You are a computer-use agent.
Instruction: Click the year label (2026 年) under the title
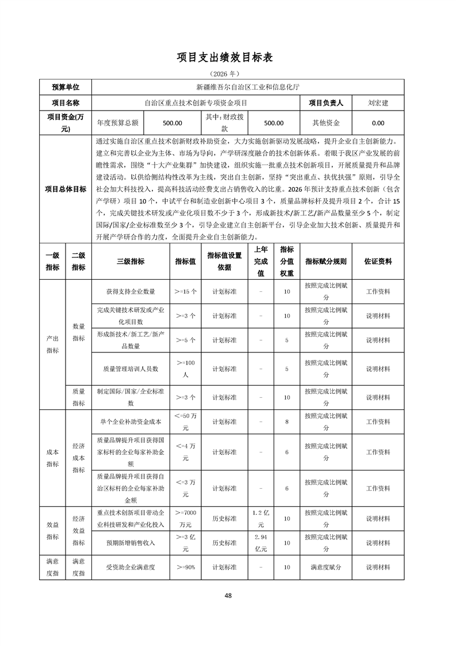click(x=228, y=74)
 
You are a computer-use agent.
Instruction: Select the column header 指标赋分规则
click(x=326, y=261)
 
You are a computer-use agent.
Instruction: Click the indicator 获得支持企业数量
click(x=131, y=292)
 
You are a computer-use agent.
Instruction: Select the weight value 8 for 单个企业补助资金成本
click(x=286, y=422)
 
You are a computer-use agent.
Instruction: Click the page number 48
click(x=228, y=595)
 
